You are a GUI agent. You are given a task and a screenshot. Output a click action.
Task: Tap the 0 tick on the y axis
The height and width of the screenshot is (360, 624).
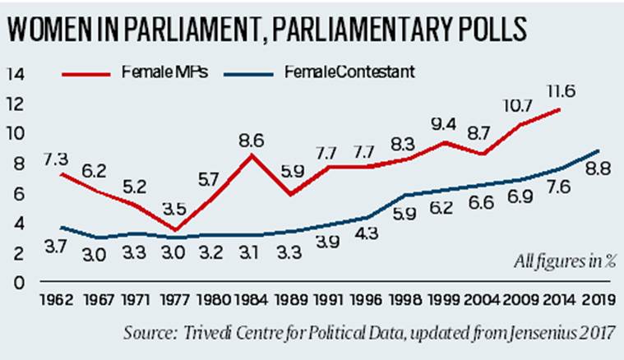[x=19, y=284]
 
